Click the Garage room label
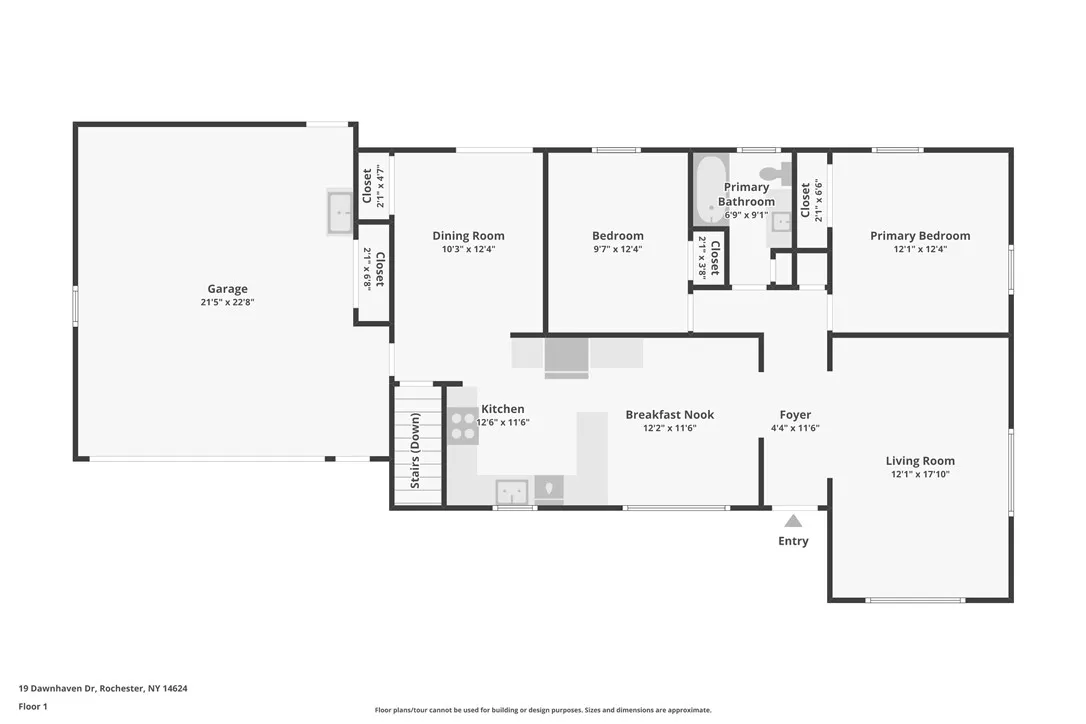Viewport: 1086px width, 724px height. coord(227,289)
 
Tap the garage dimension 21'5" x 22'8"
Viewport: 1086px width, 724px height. coord(227,302)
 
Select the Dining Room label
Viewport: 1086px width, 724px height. coord(468,236)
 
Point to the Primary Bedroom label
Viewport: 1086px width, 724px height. coord(919,236)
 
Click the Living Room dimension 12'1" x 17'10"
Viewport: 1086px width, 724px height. coord(919,474)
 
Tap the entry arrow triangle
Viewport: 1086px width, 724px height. coord(793,521)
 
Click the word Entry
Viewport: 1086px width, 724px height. coord(793,541)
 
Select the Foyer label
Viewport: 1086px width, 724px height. coord(795,415)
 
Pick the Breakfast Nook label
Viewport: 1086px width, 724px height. coord(669,415)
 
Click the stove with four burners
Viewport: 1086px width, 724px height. coord(463,426)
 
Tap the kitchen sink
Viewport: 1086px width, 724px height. coord(512,492)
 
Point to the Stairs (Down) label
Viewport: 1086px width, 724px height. coord(416,449)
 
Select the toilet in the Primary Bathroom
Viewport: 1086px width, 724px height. coord(777,172)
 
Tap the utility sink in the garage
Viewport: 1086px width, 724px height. coord(340,212)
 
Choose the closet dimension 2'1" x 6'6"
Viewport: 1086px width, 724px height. coord(818,200)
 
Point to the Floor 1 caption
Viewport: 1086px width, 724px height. coord(33,706)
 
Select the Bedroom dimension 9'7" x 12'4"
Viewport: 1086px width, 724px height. coord(617,249)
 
